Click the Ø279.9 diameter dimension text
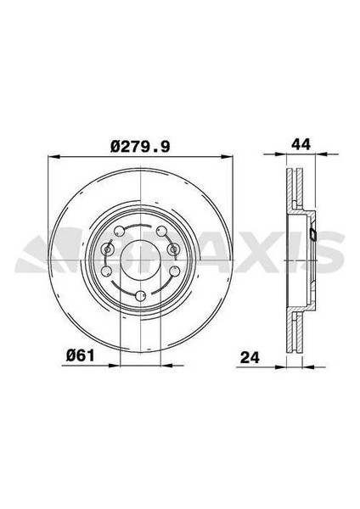[x=140, y=147]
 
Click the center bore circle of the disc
[x=140, y=260]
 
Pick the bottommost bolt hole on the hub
[x=139, y=296]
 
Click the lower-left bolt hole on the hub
[x=107, y=271]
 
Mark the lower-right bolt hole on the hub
[x=173, y=271]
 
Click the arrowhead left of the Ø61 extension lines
[x=116, y=365]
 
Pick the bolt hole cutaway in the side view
[x=312, y=237]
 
